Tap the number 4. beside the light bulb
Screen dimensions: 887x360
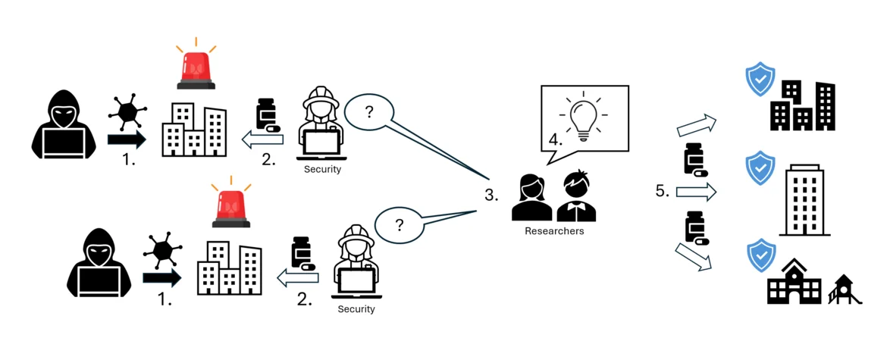(x=555, y=139)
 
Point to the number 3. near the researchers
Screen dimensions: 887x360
(x=491, y=196)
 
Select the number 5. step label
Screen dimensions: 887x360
(x=663, y=191)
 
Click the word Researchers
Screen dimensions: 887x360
(x=554, y=230)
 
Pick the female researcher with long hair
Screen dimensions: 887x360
(x=531, y=197)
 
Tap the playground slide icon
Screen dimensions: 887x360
(x=844, y=289)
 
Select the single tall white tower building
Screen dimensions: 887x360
(x=804, y=200)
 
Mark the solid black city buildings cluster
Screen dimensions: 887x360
(x=803, y=105)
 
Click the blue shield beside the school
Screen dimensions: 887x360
(x=761, y=255)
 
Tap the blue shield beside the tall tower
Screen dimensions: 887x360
(x=761, y=167)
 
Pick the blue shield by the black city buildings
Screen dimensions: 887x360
(x=760, y=79)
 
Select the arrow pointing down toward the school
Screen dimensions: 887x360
(x=694, y=257)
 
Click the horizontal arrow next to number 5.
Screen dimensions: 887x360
(x=697, y=193)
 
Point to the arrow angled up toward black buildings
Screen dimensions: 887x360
(x=697, y=125)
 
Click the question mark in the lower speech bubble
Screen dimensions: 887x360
(x=400, y=226)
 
